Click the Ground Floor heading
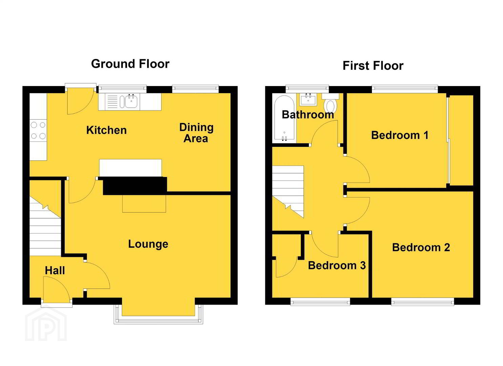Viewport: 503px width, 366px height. pos(130,64)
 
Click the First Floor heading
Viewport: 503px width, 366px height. pos(373,66)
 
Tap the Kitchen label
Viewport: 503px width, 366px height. pos(106,130)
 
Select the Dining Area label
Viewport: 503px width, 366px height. pos(196,133)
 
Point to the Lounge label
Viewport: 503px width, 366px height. pos(148,244)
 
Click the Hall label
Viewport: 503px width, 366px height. pos(55,270)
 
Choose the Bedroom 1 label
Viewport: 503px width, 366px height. pos(400,135)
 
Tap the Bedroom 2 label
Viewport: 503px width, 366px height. pos(421,247)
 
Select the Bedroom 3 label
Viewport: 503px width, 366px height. pos(337,265)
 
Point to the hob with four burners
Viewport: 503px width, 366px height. pos(38,130)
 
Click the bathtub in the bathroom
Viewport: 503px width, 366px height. pos(284,119)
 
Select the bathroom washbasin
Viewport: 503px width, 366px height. pos(308,100)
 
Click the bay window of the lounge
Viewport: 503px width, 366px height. pos(158,314)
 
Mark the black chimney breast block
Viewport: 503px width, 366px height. pos(135,186)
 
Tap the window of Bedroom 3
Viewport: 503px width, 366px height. pos(320,302)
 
